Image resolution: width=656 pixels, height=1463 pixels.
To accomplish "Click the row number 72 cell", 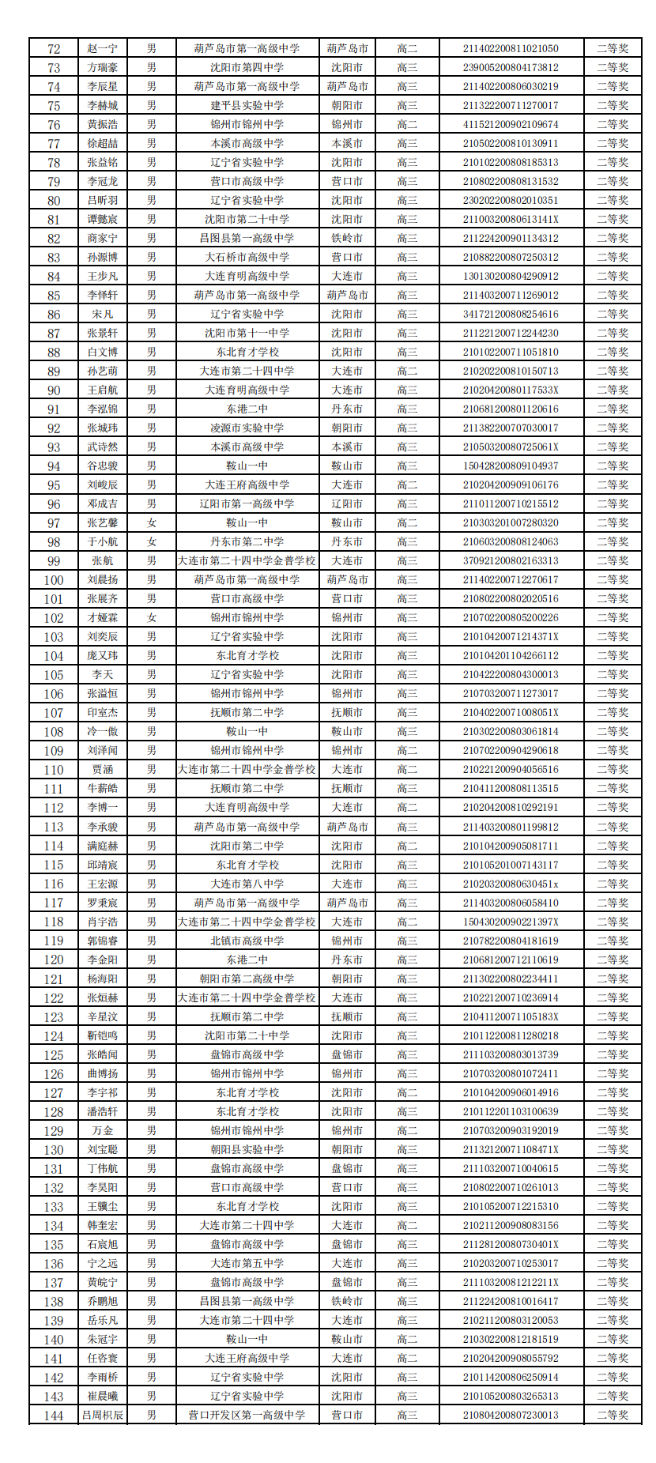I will pyautogui.click(x=54, y=48).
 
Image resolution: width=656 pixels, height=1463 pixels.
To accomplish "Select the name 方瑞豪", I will pyautogui.click(x=103, y=67).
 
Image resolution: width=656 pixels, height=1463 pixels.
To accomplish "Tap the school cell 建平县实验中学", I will pyautogui.click(x=247, y=105).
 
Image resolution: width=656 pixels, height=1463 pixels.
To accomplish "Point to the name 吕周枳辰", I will pyautogui.click(x=103, y=1415).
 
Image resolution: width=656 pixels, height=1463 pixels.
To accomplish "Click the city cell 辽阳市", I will pyautogui.click(x=347, y=503).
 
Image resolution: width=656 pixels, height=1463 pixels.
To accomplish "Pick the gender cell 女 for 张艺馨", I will pyautogui.click(x=151, y=522).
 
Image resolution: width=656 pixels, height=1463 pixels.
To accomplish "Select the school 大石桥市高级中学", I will pyautogui.click(x=247, y=257).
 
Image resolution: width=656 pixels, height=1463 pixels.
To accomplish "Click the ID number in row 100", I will pyautogui.click(x=510, y=579).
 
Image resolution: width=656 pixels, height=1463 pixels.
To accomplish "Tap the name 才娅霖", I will pyautogui.click(x=103, y=617).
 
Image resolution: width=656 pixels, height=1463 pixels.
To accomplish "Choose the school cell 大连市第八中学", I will pyautogui.click(x=247, y=884).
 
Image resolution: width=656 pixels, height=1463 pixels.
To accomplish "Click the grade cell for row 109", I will pyautogui.click(x=407, y=750).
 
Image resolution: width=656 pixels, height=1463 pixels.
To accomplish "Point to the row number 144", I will pyautogui.click(x=54, y=1415).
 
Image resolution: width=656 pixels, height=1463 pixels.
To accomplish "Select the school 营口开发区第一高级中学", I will pyautogui.click(x=247, y=1415).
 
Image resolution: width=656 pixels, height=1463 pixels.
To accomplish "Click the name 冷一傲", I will pyautogui.click(x=103, y=731).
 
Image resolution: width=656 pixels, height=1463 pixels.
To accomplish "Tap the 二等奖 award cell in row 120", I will pyautogui.click(x=613, y=960).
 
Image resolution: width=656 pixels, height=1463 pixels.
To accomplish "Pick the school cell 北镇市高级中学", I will pyautogui.click(x=247, y=941).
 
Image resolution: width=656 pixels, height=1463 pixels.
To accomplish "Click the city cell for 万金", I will pyautogui.click(x=347, y=1130).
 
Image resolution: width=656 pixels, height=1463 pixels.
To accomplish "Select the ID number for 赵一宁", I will pyautogui.click(x=510, y=48).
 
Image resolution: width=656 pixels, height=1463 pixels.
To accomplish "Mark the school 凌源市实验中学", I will pyautogui.click(x=247, y=428).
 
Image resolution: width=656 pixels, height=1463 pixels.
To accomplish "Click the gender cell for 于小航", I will pyautogui.click(x=151, y=541).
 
